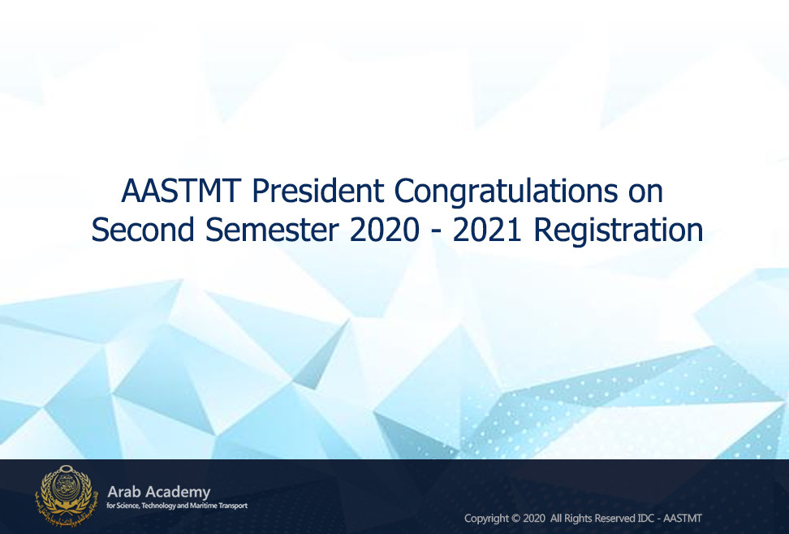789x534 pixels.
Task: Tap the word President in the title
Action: pyautogui.click(x=318, y=192)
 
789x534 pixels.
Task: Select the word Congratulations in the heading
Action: pyautogui.click(x=506, y=192)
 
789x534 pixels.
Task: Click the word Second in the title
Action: pyautogui.click(x=143, y=230)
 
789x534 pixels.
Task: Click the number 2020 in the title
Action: pyautogui.click(x=384, y=230)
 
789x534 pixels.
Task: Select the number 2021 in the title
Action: pyautogui.click(x=486, y=230)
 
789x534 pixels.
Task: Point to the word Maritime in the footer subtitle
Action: pyautogui.click(x=202, y=506)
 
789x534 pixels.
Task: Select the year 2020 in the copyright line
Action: pyautogui.click(x=534, y=518)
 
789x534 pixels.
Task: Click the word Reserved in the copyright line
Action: pyautogui.click(x=615, y=518)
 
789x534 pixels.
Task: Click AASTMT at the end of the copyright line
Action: pyautogui.click(x=683, y=518)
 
